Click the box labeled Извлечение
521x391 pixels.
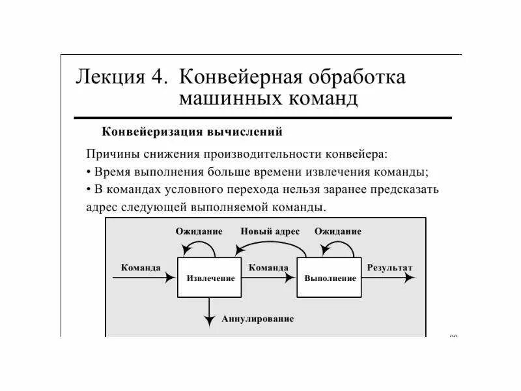point(210,278)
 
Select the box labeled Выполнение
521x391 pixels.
point(330,278)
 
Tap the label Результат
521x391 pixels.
point(389,267)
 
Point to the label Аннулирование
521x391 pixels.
point(257,319)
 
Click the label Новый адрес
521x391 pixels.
point(270,231)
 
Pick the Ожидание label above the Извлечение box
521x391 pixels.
point(199,231)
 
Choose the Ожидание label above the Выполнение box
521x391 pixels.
point(337,231)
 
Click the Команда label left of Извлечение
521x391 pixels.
point(141,267)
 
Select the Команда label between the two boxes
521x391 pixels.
point(268,267)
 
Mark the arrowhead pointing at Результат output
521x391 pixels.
point(409,277)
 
